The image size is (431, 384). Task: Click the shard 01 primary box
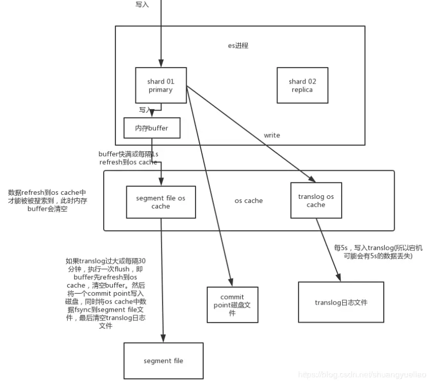point(161,85)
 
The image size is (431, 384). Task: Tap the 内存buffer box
point(152,128)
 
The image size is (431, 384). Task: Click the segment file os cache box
point(161,202)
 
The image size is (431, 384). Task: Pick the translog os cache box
point(316,200)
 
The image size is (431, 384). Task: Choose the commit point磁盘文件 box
point(232,305)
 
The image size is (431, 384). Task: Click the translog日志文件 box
point(341,302)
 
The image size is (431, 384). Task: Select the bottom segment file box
point(163,360)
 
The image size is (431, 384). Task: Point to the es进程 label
point(238,46)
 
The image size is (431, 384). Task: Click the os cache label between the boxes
point(248,200)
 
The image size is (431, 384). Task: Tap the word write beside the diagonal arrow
point(272,135)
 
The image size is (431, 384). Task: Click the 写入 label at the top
point(142,4)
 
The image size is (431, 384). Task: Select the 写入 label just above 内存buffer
point(145,110)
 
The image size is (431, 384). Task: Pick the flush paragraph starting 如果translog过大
point(105,293)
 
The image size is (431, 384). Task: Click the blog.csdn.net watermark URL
point(362,375)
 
